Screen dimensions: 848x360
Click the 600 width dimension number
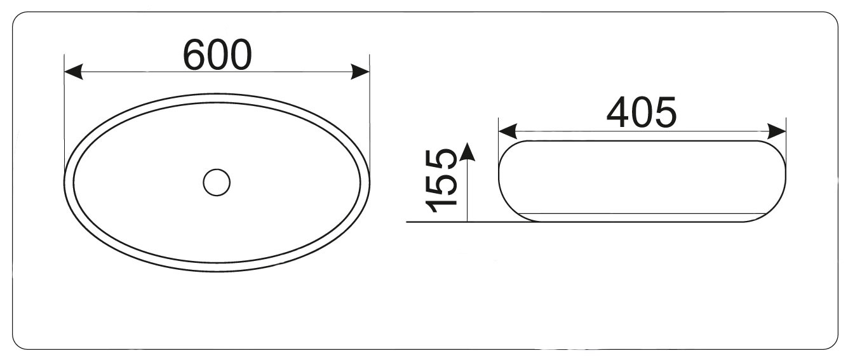tap(217, 55)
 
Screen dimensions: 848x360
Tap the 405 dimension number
tap(642, 112)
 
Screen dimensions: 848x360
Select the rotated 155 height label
tap(441, 181)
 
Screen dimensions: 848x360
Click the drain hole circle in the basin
tap(217, 182)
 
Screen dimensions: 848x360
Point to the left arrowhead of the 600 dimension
tap(74, 72)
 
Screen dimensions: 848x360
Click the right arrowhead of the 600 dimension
tap(360, 72)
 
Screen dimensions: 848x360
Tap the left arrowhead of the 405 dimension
tap(508, 131)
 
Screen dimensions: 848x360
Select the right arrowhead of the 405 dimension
tap(776, 131)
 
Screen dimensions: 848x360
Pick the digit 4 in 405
tap(618, 112)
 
